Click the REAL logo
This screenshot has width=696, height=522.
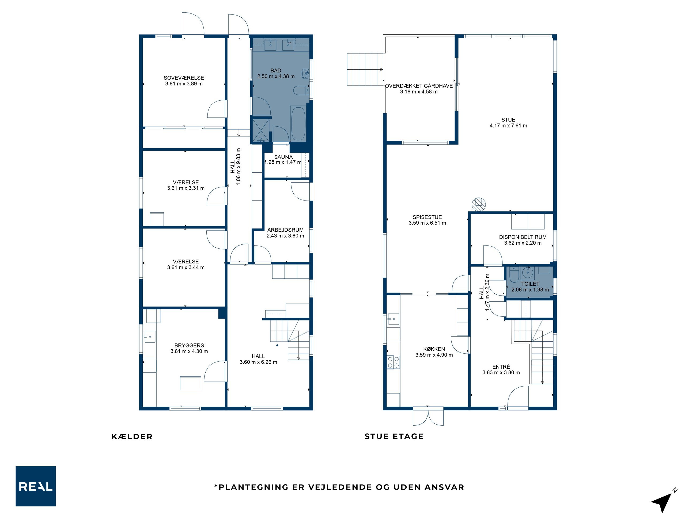point(36,486)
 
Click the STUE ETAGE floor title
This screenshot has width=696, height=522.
point(394,436)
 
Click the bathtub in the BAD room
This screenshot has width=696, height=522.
point(298,123)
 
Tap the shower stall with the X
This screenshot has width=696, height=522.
point(261,130)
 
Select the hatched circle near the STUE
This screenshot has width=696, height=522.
point(479,204)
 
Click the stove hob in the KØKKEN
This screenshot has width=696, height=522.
point(393,362)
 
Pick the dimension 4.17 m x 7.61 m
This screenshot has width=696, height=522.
point(508,126)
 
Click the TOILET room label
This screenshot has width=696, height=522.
point(530,284)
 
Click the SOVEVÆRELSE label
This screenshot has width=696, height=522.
point(184,78)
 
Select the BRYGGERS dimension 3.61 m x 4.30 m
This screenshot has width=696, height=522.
point(189,351)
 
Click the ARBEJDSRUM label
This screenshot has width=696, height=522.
point(285,230)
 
